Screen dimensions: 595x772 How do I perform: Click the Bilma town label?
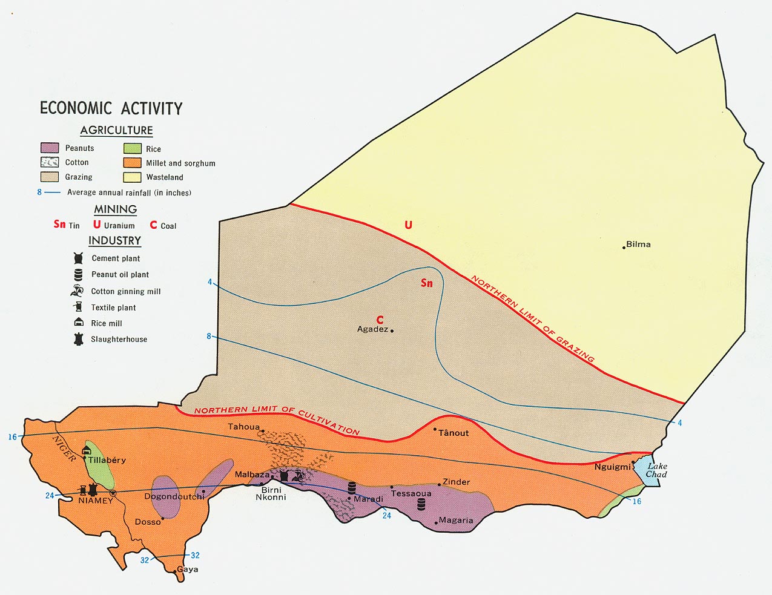638,245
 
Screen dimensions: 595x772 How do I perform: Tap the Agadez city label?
372,329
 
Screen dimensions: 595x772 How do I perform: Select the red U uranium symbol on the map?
408,225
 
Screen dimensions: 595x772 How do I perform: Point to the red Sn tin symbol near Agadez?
427,283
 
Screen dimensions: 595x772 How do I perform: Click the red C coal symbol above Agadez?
380,320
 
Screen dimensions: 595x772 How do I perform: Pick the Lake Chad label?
656,470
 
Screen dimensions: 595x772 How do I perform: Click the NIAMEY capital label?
96,501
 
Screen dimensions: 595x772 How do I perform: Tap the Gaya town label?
187,570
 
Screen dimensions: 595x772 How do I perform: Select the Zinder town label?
456,482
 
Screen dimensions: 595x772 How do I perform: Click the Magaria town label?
456,521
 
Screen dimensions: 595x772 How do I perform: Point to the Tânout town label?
453,433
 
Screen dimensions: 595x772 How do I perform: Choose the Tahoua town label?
243,427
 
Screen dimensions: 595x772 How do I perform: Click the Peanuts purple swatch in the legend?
50,148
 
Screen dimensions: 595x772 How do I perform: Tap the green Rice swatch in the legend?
133,148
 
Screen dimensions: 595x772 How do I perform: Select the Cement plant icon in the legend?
78,258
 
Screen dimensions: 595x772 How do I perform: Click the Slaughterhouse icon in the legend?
78,339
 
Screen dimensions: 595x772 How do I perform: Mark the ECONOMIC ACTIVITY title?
111,108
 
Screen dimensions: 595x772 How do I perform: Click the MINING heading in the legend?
115,209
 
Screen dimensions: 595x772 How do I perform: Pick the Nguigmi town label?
612,467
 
